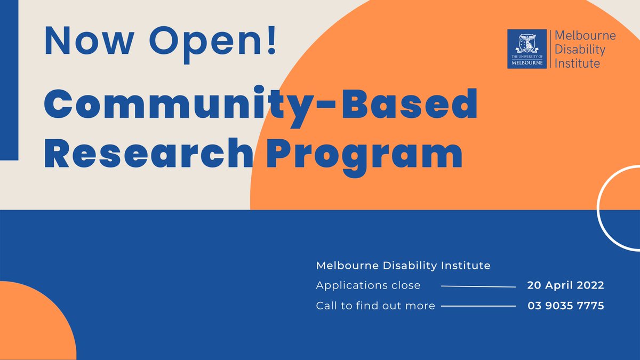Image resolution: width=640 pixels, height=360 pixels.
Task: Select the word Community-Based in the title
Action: [260, 106]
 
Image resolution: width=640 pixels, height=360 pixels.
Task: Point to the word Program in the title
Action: [364, 153]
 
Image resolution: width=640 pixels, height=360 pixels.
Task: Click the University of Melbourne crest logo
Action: [526, 49]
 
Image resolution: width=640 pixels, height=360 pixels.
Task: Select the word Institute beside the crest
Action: [578, 63]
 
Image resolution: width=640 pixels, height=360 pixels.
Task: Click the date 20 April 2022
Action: [565, 285]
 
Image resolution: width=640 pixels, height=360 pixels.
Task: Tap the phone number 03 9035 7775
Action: [565, 306]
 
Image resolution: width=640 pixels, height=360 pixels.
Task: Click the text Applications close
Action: [368, 285]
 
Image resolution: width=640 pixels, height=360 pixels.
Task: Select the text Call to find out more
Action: [375, 306]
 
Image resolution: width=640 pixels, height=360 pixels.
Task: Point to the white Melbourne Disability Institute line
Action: [403, 265]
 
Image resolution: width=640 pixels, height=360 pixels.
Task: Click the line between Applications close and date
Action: [478, 286]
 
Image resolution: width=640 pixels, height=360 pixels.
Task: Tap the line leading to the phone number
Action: [478, 306]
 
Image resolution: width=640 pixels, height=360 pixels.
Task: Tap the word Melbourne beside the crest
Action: [585, 36]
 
